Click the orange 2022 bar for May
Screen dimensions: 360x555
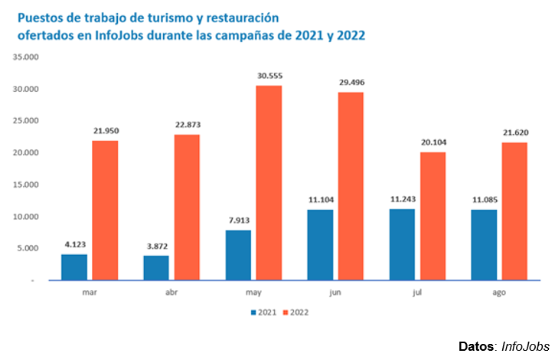coord(269,182)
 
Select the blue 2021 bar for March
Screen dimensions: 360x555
coord(74,267)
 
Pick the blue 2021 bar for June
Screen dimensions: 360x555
coord(320,244)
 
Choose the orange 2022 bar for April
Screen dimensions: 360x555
coord(187,207)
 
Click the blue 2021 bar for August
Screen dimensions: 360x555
coord(484,244)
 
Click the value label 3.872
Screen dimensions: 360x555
coord(156,247)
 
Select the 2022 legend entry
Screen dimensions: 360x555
coord(295,312)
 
